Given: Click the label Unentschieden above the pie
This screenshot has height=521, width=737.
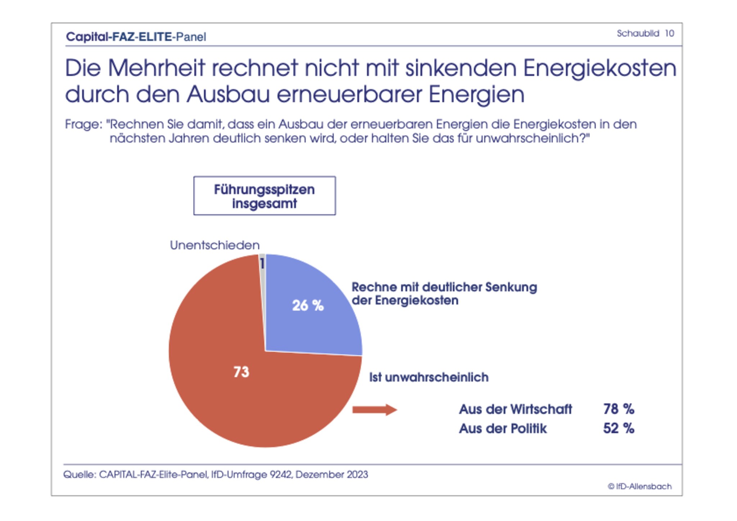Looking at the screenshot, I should (x=214, y=245).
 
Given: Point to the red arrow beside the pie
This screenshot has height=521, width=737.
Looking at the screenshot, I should (x=374, y=409).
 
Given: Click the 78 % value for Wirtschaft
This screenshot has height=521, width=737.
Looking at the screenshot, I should (x=619, y=409).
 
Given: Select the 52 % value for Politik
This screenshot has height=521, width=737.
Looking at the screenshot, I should (x=619, y=429).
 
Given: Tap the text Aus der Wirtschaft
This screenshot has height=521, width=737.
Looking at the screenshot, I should (x=515, y=409).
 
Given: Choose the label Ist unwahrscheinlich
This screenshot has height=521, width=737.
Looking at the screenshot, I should (x=429, y=377).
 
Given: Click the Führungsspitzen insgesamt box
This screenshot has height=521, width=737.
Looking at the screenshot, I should (x=264, y=196).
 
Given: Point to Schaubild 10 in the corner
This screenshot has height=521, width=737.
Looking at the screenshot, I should (x=645, y=33).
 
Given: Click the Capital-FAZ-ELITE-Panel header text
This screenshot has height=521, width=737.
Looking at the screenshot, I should (x=136, y=37).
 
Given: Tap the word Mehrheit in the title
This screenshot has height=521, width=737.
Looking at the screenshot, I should (x=156, y=68).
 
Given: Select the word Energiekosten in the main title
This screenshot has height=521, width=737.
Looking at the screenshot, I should (x=600, y=68).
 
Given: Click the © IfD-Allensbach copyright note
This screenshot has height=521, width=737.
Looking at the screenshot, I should (x=639, y=486).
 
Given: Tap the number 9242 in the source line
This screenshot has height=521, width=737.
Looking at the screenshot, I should (x=281, y=475).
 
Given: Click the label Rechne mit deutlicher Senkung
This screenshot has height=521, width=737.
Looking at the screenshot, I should (x=444, y=287).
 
